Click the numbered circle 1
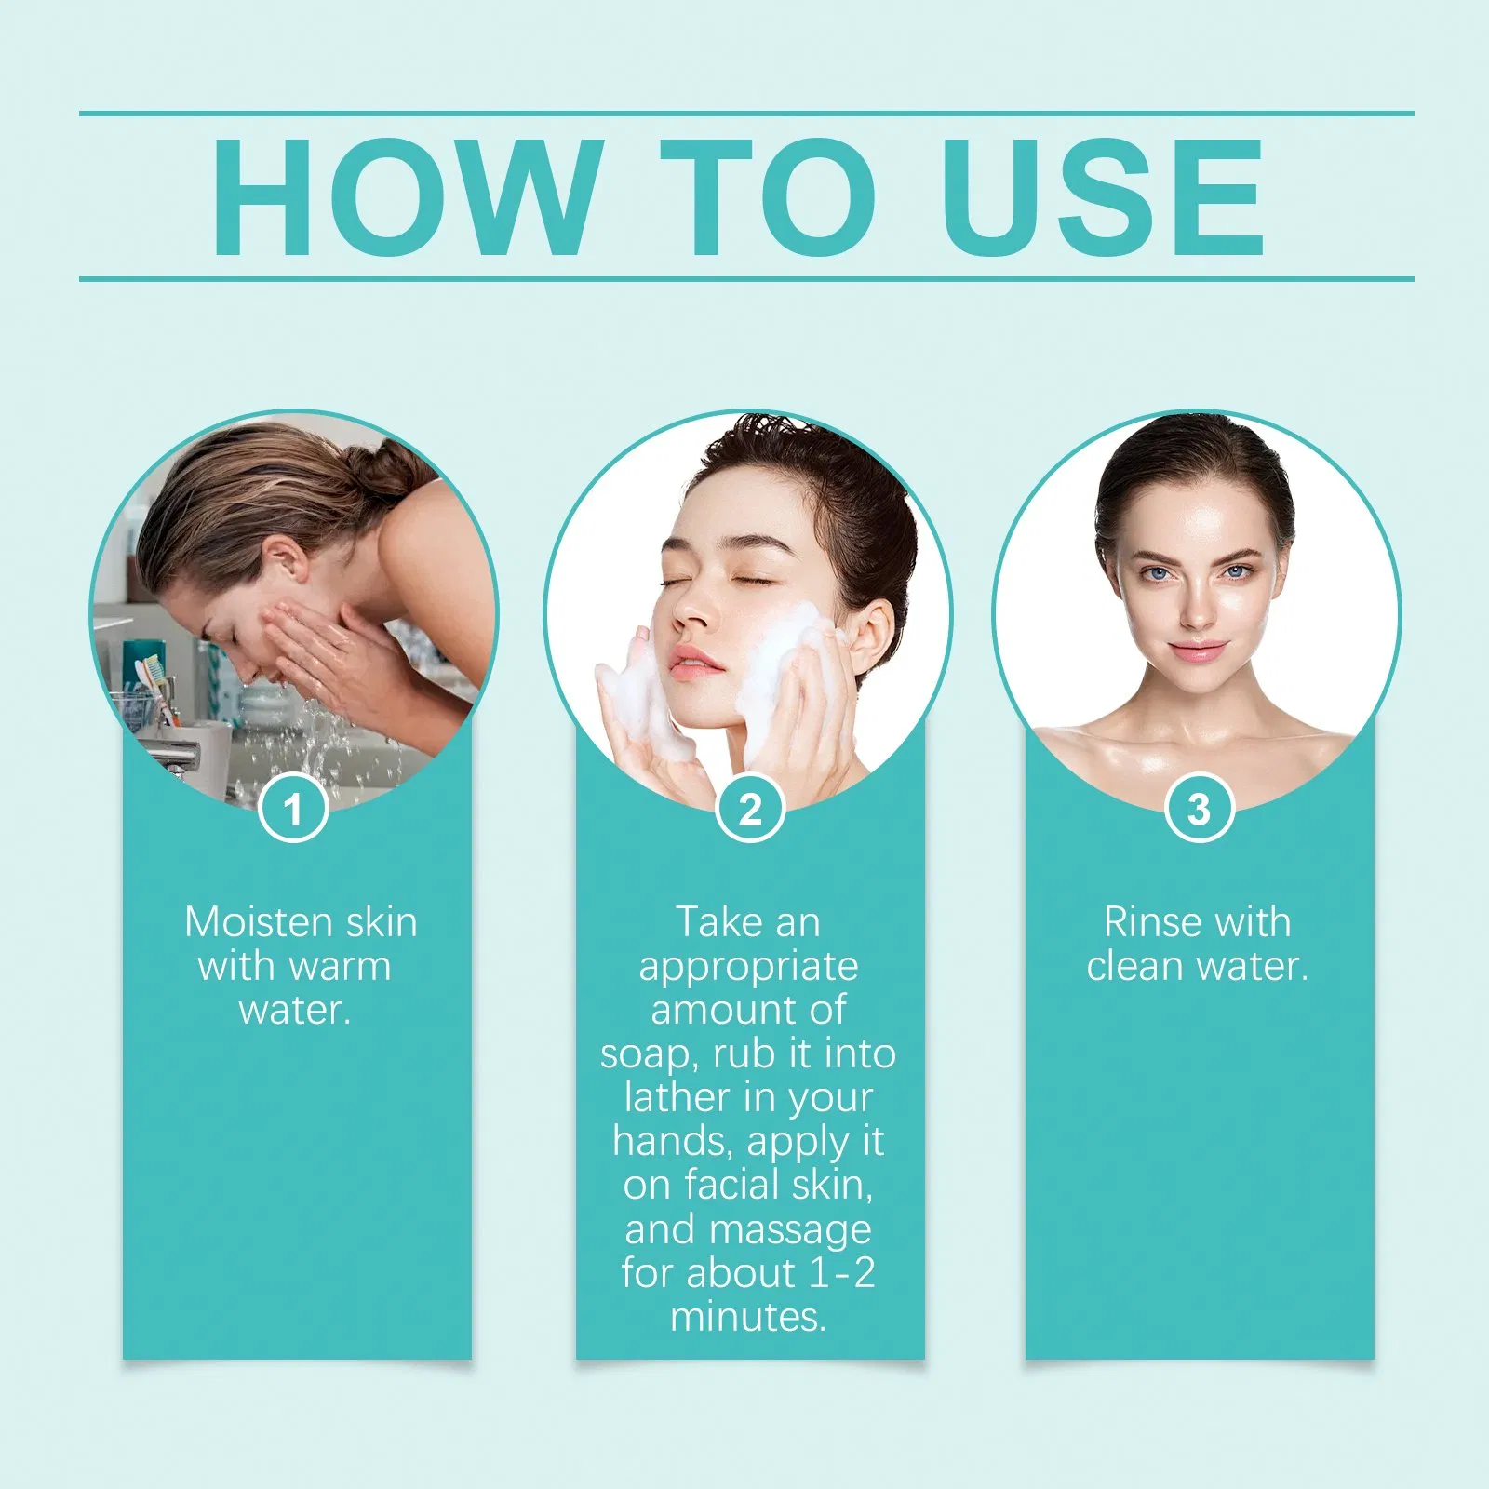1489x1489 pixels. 293,808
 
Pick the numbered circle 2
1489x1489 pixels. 750,808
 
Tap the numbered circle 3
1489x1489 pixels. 1200,808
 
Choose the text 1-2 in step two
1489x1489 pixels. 841,1272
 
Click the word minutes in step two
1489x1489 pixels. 748,1317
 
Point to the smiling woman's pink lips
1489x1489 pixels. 1198,650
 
